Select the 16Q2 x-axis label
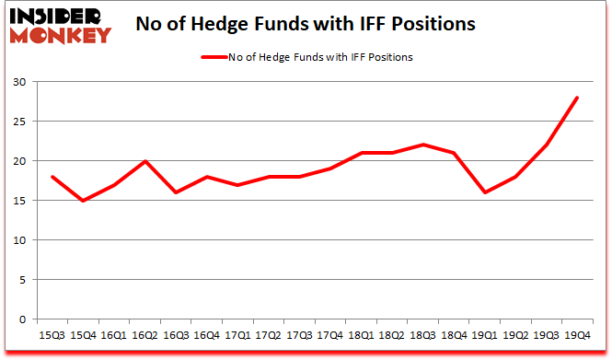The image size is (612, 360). pos(145,336)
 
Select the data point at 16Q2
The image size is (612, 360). pos(145,161)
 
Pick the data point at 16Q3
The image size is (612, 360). pos(175,192)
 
